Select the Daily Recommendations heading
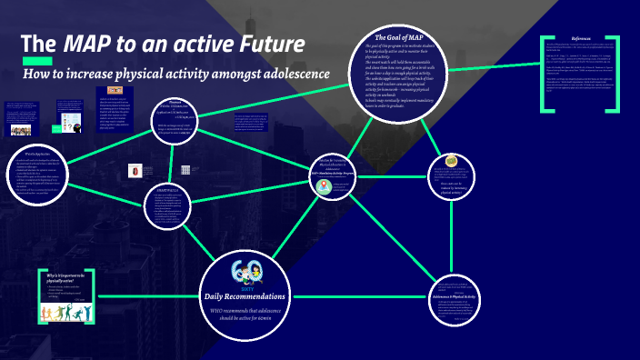click(248, 297)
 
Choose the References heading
click(586, 38)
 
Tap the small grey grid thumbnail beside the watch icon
click(185, 170)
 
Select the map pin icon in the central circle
click(323, 185)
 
